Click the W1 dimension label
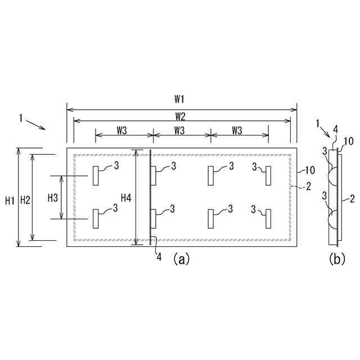(x=179, y=100)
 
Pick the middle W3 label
(x=179, y=130)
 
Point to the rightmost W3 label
(x=237, y=130)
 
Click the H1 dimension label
(x=10, y=200)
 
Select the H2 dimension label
(x=25, y=200)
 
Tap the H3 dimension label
(x=52, y=197)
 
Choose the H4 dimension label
(x=127, y=197)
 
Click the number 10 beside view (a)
(x=309, y=169)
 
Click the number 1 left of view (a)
(x=21, y=119)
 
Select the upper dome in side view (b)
(x=332, y=175)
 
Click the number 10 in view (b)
(x=348, y=141)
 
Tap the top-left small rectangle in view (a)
(x=96, y=175)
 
